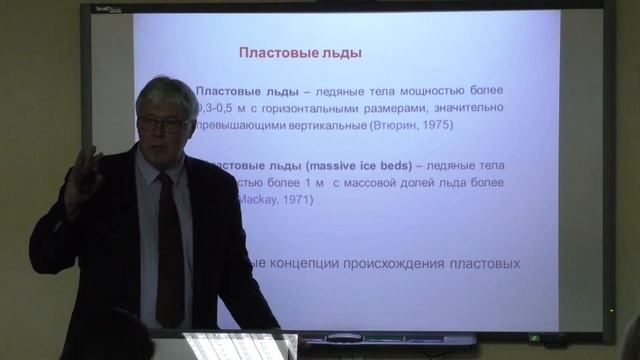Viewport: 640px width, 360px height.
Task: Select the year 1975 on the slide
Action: pyautogui.click(x=436, y=126)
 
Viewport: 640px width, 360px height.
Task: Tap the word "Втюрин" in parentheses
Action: pyautogui.click(x=394, y=126)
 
